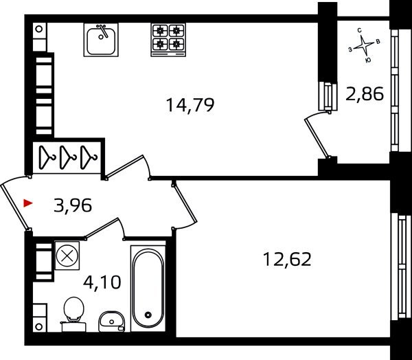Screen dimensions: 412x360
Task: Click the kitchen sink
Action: [101, 40]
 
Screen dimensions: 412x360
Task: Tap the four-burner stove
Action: [168, 40]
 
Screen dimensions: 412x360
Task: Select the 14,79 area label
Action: [190, 105]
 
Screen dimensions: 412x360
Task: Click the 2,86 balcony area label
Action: [365, 94]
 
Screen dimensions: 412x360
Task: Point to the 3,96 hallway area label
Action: [73, 205]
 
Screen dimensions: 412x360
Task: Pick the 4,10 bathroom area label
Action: [102, 282]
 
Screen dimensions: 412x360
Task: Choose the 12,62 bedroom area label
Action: [287, 259]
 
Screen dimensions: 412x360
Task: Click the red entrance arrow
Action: [28, 203]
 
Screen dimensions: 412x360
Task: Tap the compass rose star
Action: [363, 46]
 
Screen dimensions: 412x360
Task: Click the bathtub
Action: [148, 289]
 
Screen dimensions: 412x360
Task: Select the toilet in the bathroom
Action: [73, 314]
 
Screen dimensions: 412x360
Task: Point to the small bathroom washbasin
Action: [111, 322]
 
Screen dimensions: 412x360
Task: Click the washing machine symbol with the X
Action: [67, 256]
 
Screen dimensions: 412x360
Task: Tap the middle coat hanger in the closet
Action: [67, 157]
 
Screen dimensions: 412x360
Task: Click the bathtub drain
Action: [148, 315]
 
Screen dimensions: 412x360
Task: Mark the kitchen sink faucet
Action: [103, 30]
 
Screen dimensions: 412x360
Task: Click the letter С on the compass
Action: [360, 31]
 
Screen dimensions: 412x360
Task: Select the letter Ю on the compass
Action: [368, 60]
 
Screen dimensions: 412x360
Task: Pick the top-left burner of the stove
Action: [160, 31]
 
